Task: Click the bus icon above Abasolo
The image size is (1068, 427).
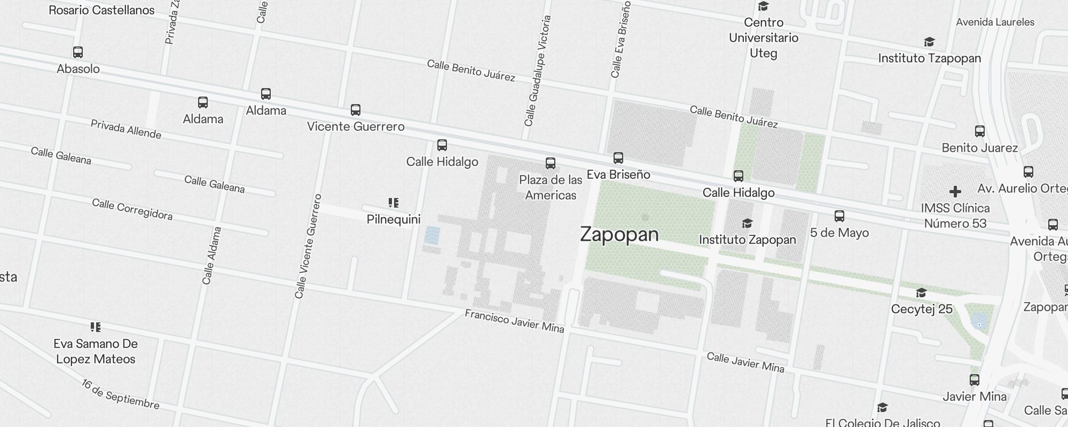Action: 78,52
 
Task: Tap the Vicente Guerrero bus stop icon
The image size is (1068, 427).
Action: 356,110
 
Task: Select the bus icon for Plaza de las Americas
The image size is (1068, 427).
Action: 551,163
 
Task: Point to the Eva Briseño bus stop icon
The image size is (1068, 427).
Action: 618,158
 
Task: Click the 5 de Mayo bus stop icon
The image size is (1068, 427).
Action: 839,216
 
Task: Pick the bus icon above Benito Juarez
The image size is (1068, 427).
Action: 980,131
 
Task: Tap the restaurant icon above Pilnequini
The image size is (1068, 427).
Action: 394,203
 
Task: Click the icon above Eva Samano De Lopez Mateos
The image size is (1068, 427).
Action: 96,327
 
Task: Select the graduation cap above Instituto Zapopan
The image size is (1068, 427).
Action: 747,223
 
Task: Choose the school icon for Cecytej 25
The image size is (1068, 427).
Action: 921,292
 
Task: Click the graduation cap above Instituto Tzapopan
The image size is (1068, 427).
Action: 929,42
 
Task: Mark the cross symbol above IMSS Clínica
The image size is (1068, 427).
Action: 955,191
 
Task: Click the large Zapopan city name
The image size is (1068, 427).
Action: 619,234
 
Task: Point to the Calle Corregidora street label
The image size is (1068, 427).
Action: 132,209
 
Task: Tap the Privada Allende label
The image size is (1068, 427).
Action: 126,129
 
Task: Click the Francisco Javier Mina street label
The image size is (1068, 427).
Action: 514,321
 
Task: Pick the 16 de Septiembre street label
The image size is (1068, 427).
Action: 121,394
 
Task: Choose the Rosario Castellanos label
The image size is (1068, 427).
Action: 101,10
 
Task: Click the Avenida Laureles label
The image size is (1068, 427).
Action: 995,22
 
